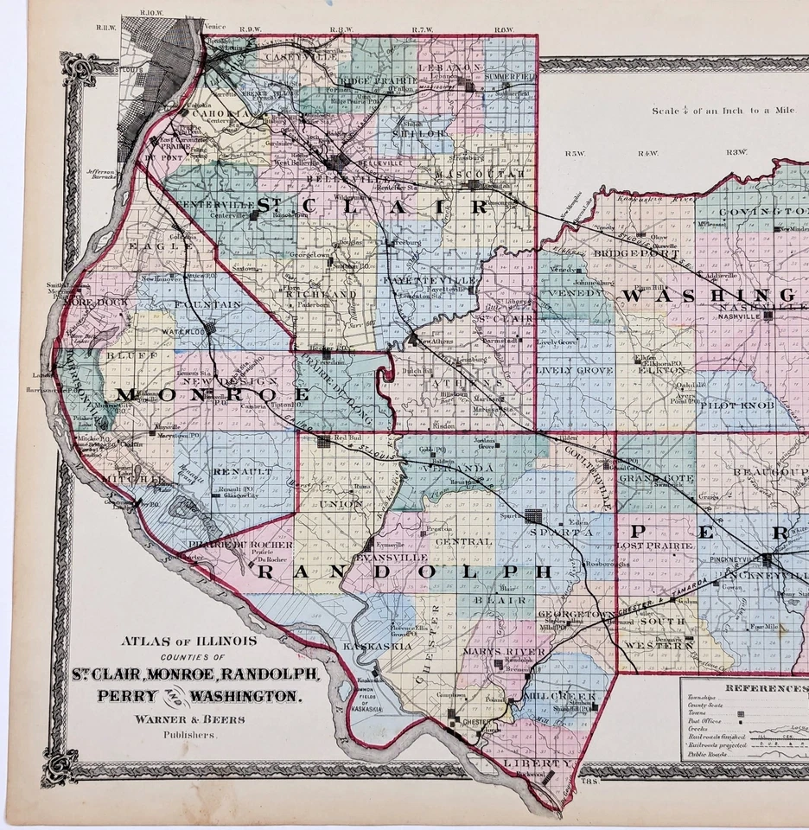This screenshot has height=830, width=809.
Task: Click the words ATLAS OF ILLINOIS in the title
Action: (188, 642)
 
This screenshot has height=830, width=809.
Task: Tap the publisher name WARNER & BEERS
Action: (188, 718)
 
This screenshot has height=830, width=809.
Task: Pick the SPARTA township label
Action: (552, 533)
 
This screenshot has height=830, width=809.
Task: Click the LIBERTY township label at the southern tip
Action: (544, 764)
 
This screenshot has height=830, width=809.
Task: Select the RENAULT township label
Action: (227, 472)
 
